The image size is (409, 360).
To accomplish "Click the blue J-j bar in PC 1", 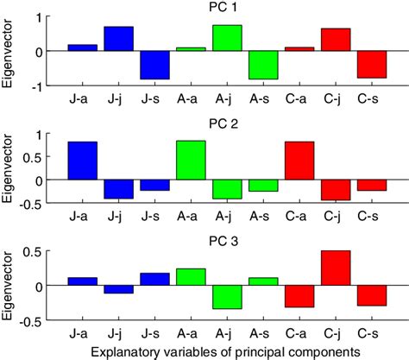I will pyautogui.click(x=119, y=39).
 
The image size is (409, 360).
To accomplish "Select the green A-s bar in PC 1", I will pyautogui.click(x=263, y=65).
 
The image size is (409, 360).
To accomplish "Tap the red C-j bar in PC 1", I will pyautogui.click(x=336, y=40).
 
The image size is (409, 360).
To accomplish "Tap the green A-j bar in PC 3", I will pyautogui.click(x=227, y=297).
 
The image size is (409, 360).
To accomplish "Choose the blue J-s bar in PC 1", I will pyautogui.click(x=155, y=65).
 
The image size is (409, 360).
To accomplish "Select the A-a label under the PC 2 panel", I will pyautogui.click(x=191, y=217).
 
